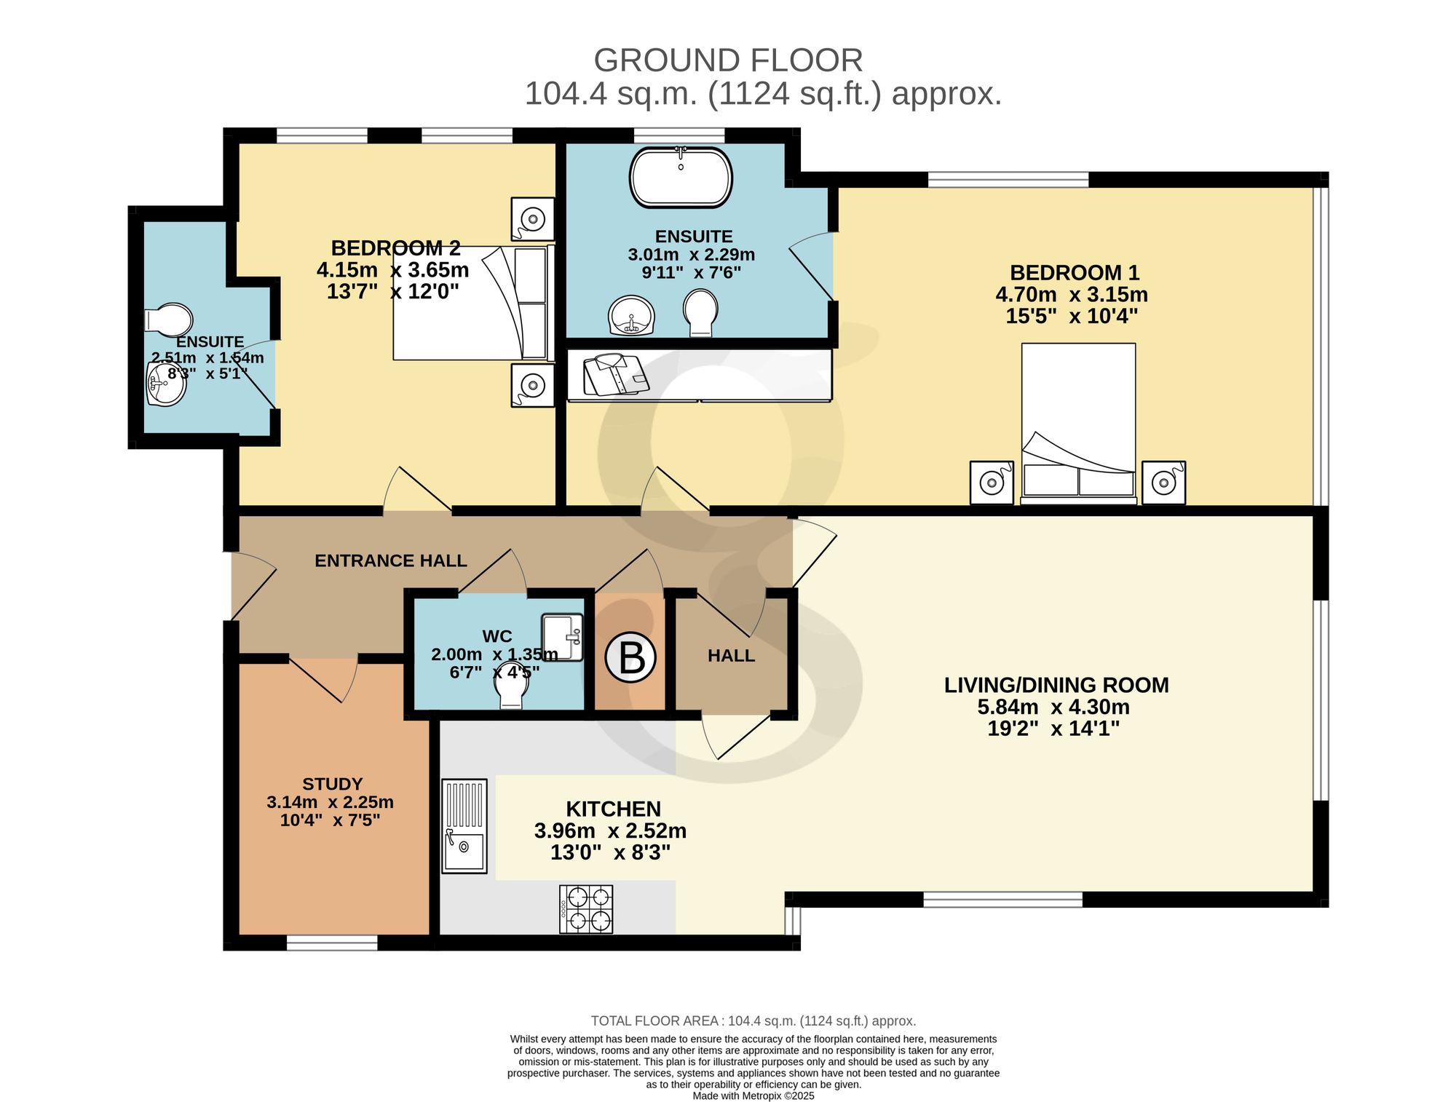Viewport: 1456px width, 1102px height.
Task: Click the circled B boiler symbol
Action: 630,657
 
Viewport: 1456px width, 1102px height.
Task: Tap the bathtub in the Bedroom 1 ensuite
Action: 681,178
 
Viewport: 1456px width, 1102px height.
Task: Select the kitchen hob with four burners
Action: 586,909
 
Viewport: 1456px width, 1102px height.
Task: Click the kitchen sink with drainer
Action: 464,826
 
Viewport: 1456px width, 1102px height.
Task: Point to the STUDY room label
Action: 333,784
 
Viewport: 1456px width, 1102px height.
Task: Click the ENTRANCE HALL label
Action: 391,560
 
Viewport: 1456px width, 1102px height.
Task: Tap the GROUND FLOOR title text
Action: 728,60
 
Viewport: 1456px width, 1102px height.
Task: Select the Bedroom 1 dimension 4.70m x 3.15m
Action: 1072,295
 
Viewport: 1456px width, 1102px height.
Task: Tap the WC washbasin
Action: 563,637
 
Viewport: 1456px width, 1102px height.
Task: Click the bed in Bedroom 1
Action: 1079,424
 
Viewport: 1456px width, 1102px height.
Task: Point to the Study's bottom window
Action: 332,943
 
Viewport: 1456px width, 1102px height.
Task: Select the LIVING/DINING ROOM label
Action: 1056,685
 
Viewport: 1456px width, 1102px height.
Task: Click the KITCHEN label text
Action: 614,809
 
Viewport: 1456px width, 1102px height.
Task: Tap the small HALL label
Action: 732,656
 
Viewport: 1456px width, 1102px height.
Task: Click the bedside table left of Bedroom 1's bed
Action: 992,483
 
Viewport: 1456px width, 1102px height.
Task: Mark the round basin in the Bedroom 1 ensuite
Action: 631,315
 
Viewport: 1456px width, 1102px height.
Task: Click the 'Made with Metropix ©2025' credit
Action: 753,1095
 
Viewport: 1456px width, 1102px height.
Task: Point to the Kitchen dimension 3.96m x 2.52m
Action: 610,831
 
